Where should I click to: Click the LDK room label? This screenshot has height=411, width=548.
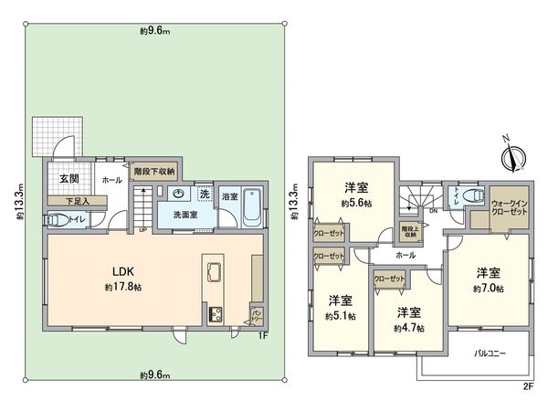[125, 271]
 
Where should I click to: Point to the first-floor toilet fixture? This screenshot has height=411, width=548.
[56, 220]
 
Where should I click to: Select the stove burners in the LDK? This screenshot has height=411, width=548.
[217, 315]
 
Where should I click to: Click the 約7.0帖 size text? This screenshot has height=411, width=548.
[489, 289]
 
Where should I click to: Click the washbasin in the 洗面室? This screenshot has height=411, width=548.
[176, 194]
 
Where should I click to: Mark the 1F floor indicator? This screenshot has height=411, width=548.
[262, 336]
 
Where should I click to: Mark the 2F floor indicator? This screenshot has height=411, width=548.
[526, 385]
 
